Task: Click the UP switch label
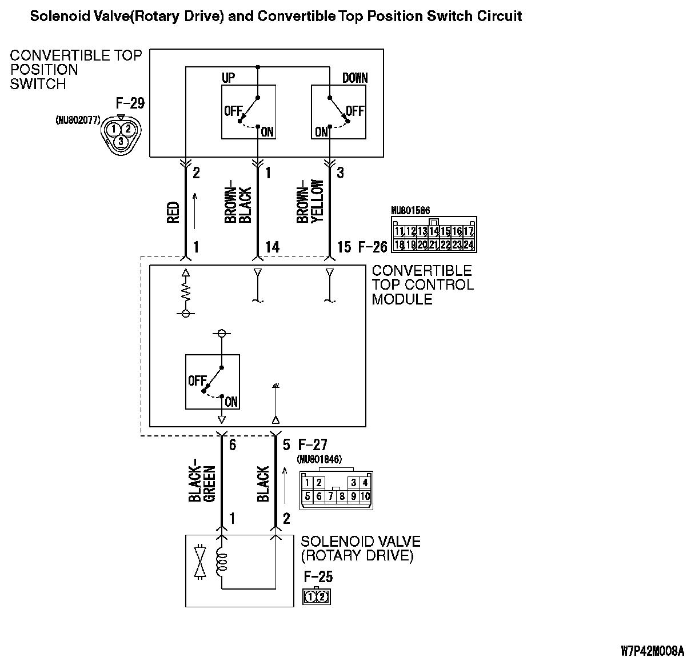pyautogui.click(x=228, y=78)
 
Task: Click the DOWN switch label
pyautogui.click(x=355, y=78)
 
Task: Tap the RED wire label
pyautogui.click(x=174, y=212)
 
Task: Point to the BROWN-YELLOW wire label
pyautogui.click(x=310, y=201)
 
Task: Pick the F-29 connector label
pyautogui.click(x=130, y=103)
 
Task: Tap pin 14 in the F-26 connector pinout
pyautogui.click(x=434, y=231)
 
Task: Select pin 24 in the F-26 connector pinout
pyautogui.click(x=469, y=245)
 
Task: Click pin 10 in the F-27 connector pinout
pyautogui.click(x=365, y=496)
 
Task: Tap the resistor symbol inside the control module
pyautogui.click(x=185, y=291)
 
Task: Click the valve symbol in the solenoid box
pyautogui.click(x=200, y=563)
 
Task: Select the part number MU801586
pyautogui.click(x=410, y=211)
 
